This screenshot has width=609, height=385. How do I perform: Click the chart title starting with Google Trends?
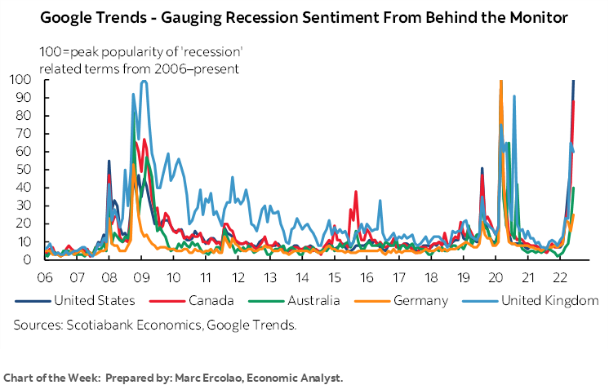point(304,17)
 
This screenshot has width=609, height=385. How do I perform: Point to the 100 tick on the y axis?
point(20,80)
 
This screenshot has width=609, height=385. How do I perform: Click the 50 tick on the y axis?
point(23,170)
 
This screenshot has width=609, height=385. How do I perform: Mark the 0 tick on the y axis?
point(26,259)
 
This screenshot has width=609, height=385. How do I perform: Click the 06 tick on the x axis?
point(45,275)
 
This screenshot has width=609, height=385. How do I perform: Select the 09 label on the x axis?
point(140,275)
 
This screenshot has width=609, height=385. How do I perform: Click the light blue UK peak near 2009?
point(144,82)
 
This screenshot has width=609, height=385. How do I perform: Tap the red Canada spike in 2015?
point(356,192)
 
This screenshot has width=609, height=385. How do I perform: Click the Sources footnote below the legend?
point(154,325)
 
